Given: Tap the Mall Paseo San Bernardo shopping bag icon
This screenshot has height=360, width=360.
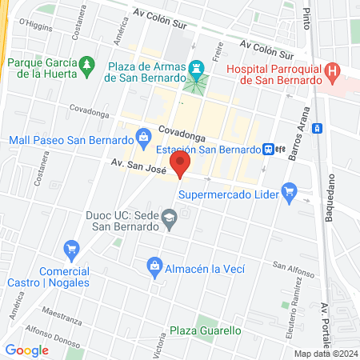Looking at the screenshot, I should pyautogui.click(x=143, y=136).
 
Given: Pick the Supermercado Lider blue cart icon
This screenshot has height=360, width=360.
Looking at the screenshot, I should pyautogui.click(x=290, y=192).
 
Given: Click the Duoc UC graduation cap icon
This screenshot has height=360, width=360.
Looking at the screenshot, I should pyautogui.click(x=169, y=217).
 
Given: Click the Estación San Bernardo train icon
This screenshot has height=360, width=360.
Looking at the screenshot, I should pyautogui.click(x=270, y=149).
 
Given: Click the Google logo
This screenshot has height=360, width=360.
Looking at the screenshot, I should pyautogui.click(x=27, y=350).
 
